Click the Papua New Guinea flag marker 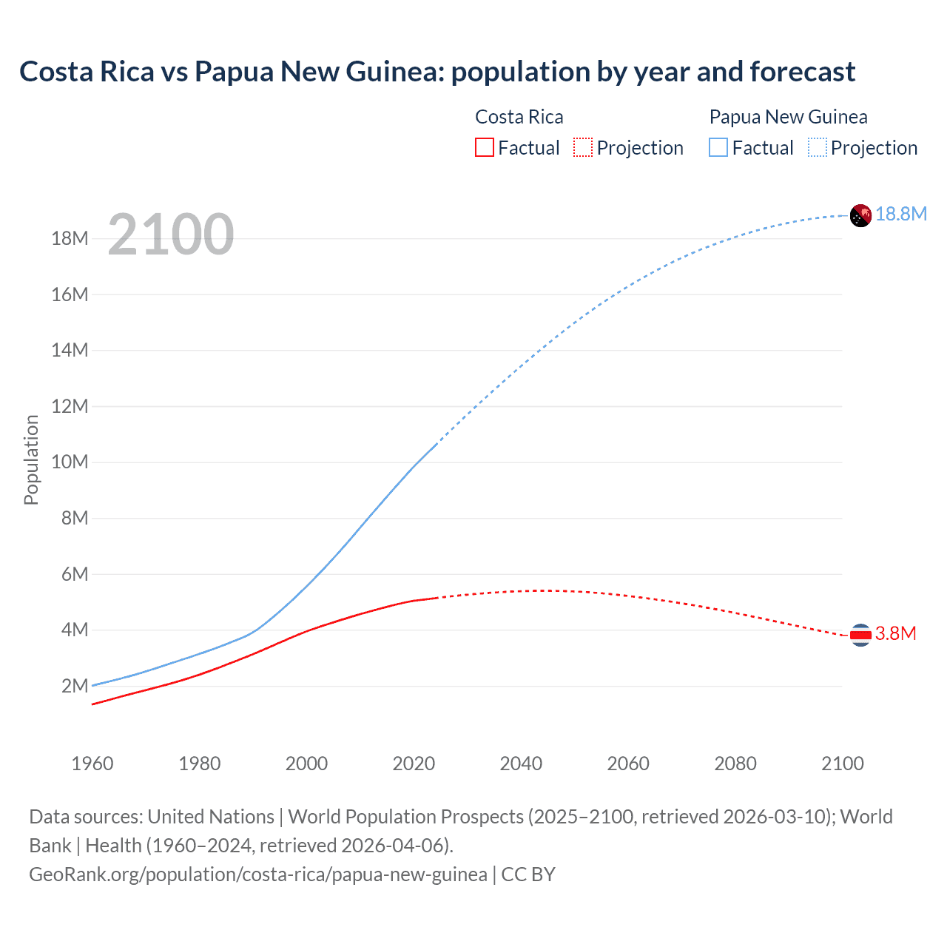pyautogui.click(x=860, y=215)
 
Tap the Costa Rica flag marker pyautogui.click(x=860, y=635)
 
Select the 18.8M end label pyautogui.click(x=901, y=215)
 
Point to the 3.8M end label pyautogui.click(x=896, y=634)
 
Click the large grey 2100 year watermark pyautogui.click(x=170, y=235)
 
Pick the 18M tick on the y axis pyautogui.click(x=70, y=239)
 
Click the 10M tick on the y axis pyautogui.click(x=70, y=462)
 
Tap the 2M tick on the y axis pyautogui.click(x=75, y=686)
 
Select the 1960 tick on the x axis pyautogui.click(x=92, y=764)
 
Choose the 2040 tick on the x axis pyautogui.click(x=521, y=764)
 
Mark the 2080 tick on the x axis pyautogui.click(x=735, y=764)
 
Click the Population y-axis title pyautogui.click(x=31, y=459)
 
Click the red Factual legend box pyautogui.click(x=485, y=147)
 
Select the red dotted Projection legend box pyautogui.click(x=583, y=147)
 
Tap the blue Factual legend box pyautogui.click(x=718, y=147)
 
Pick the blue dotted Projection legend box pyautogui.click(x=818, y=147)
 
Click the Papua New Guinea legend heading pyautogui.click(x=788, y=117)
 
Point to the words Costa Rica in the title pyautogui.click(x=87, y=72)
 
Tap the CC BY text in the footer pyautogui.click(x=528, y=874)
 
